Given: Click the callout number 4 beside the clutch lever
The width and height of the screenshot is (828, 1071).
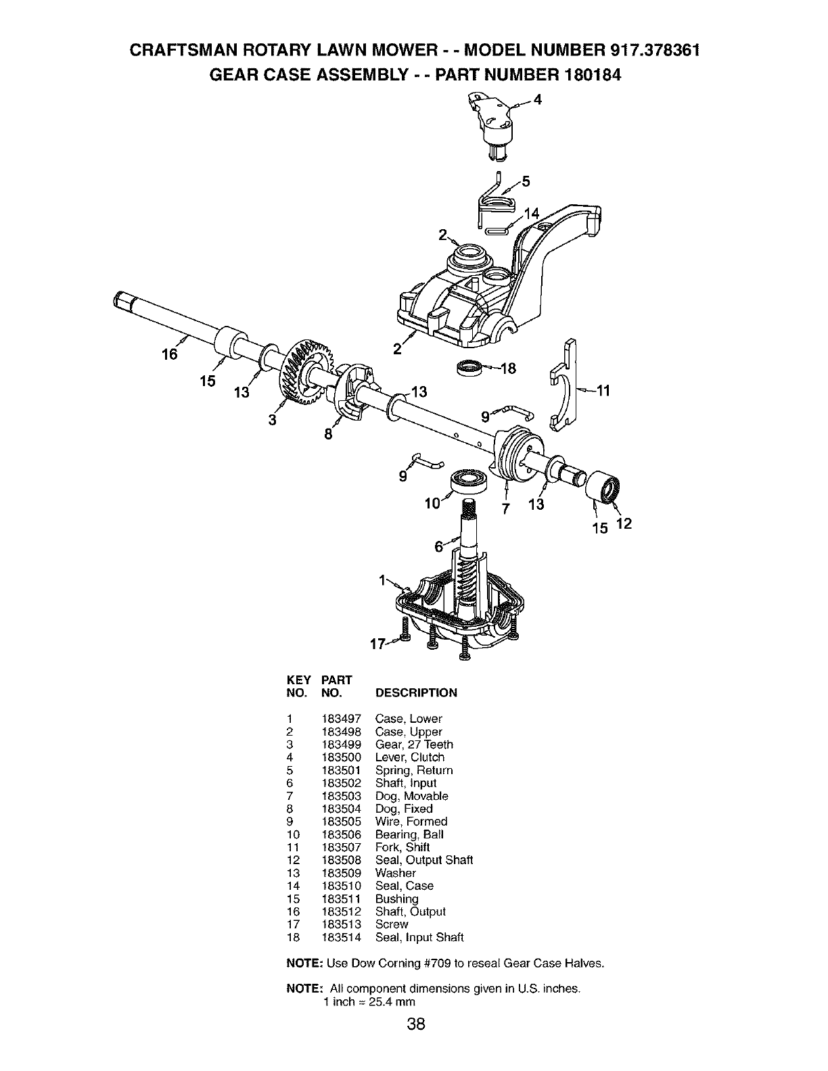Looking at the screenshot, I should coord(538,100).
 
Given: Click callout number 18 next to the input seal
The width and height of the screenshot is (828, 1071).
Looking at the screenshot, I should coord(508,368).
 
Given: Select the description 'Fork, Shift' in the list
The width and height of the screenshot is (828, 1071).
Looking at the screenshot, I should coord(402,847).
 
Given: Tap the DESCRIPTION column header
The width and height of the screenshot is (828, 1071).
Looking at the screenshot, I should coord(416,692).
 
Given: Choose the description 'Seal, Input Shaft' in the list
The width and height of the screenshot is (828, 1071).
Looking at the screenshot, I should coord(419,937).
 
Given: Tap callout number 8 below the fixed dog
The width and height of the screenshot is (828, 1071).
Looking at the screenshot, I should coord(328,435).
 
